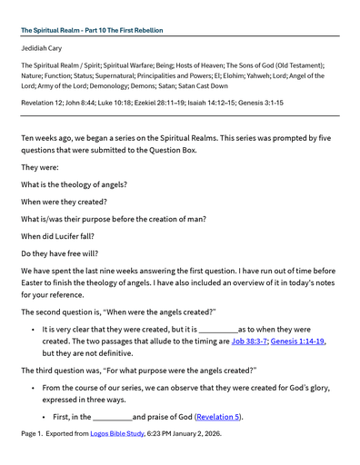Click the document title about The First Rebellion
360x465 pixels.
click(92, 30)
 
